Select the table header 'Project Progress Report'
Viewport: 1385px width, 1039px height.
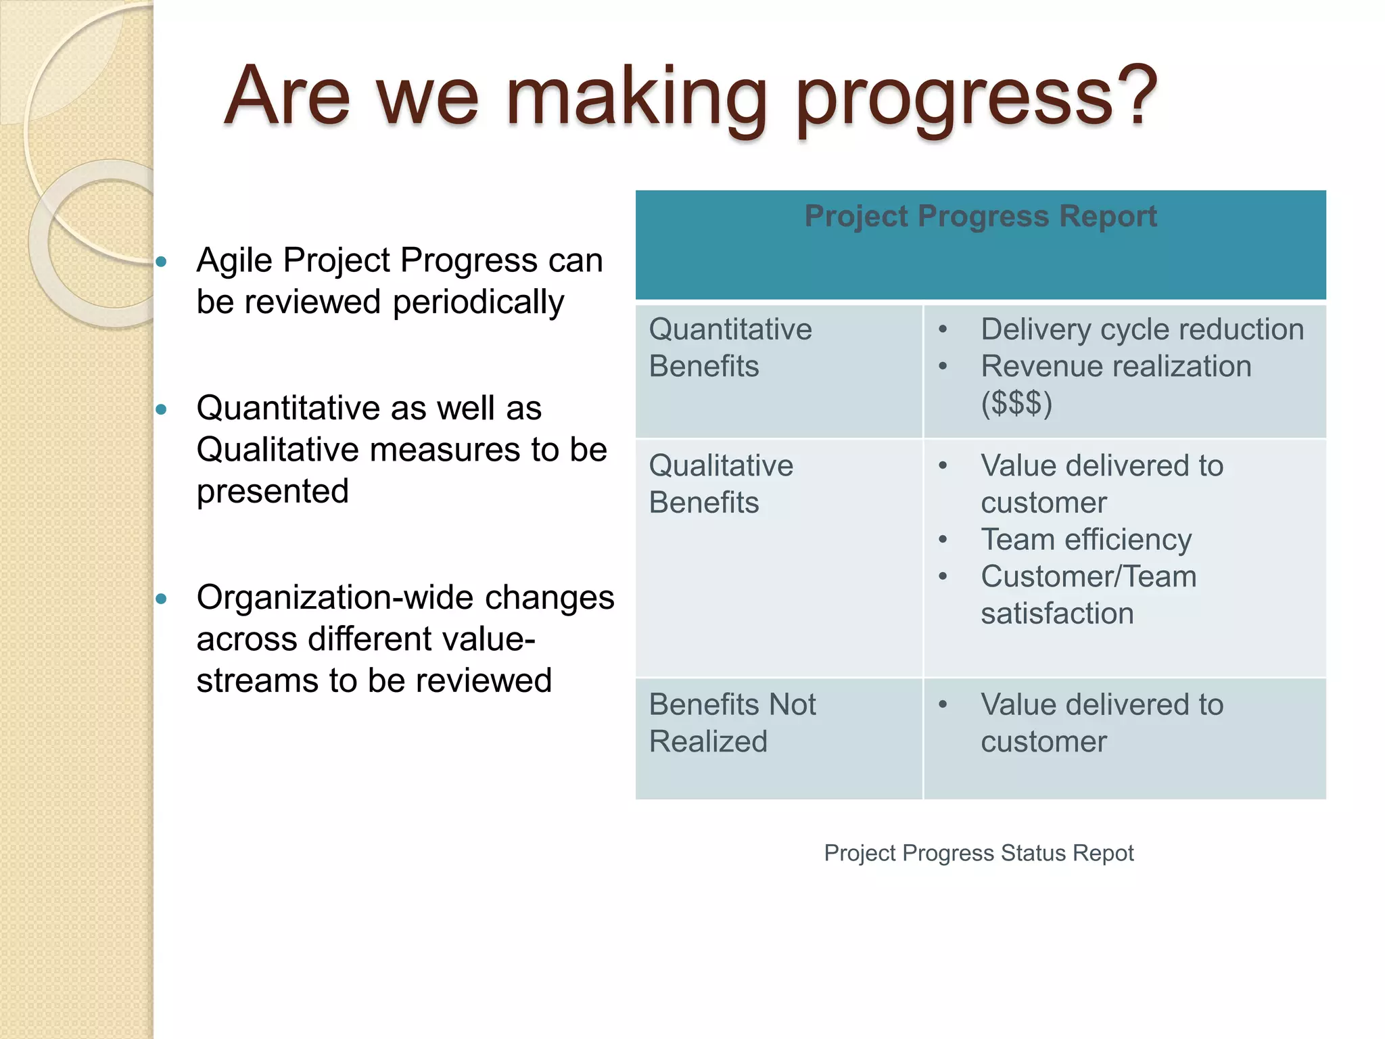(x=980, y=216)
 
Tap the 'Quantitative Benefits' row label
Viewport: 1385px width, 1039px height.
(x=730, y=348)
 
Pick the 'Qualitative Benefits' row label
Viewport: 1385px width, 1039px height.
(x=721, y=484)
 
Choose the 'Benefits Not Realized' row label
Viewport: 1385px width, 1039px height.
(x=732, y=722)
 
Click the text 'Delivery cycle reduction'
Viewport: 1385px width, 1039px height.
(x=1142, y=329)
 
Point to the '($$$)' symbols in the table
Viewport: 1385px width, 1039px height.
(x=1016, y=403)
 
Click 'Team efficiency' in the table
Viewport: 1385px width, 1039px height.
(x=1086, y=540)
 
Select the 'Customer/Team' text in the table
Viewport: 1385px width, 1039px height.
(x=1089, y=576)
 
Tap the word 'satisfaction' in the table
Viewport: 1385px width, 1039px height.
(x=1057, y=614)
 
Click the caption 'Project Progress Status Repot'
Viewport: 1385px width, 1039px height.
(x=979, y=853)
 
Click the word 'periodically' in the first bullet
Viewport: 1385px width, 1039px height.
(x=478, y=302)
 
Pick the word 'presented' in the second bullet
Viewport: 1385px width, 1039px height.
(x=273, y=491)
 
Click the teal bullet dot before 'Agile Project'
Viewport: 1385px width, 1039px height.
(x=161, y=262)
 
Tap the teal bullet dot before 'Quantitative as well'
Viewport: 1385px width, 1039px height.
(x=161, y=409)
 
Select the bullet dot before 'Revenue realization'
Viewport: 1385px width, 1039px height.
(x=943, y=367)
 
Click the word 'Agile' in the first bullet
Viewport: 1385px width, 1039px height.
(x=234, y=261)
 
